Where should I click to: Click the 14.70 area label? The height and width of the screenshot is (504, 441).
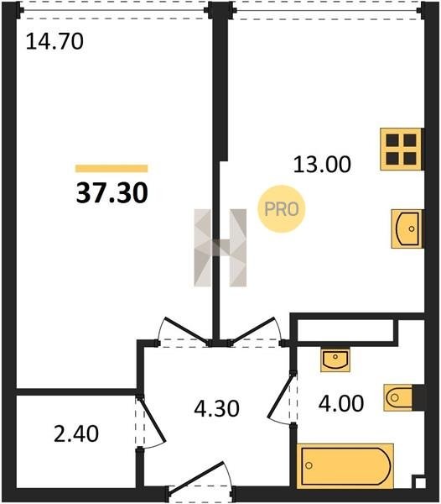[54, 41]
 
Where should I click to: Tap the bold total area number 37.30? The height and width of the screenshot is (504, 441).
[112, 193]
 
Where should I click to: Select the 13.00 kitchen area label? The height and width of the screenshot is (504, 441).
[322, 165]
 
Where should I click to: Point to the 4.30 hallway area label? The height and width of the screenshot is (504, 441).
[217, 408]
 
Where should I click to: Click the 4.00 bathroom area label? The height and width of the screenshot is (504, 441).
[341, 403]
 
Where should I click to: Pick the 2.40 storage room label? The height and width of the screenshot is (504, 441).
[76, 434]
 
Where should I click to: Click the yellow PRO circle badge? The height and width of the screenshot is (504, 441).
[281, 209]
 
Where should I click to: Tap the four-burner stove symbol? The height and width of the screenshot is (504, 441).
[401, 150]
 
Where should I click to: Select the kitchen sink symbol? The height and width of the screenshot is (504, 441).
[407, 228]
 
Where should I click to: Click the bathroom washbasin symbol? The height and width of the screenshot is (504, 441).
[335, 360]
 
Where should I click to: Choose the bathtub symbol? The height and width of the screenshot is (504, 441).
[345, 465]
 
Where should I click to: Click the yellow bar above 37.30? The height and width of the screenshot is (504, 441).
[112, 169]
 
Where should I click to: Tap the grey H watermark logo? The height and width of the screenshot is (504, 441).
[220, 248]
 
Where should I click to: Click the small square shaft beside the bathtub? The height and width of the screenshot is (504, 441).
[419, 483]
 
